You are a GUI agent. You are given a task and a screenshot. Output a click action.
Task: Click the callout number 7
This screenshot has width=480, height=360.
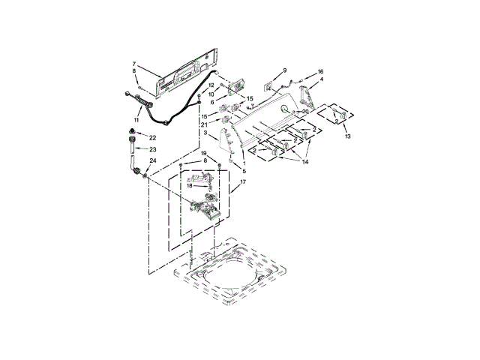pos(134,64)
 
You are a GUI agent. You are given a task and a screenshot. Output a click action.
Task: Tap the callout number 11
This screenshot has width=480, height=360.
pos(136,119)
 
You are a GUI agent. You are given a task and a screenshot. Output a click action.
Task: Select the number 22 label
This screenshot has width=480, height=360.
pos(152,137)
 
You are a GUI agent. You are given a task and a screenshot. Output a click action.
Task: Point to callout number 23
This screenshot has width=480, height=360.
pos(152,149)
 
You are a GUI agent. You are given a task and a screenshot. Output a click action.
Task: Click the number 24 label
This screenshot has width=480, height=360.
pos(152,160)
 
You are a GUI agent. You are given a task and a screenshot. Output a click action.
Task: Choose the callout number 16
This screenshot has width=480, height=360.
pos(320,71)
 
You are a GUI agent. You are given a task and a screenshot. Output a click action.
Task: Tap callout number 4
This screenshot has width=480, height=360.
pos(322,79)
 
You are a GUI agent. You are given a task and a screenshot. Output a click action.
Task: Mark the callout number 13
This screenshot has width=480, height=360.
pos(346,137)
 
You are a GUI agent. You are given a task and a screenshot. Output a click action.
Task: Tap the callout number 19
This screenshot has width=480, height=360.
pos(202,154)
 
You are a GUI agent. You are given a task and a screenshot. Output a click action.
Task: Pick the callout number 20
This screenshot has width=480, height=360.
pos(304,112)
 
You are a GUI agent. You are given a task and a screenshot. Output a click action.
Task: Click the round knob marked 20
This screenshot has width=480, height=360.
pos(286,110)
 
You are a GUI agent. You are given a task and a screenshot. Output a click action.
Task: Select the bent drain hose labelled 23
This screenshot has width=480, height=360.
pos(133,160)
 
